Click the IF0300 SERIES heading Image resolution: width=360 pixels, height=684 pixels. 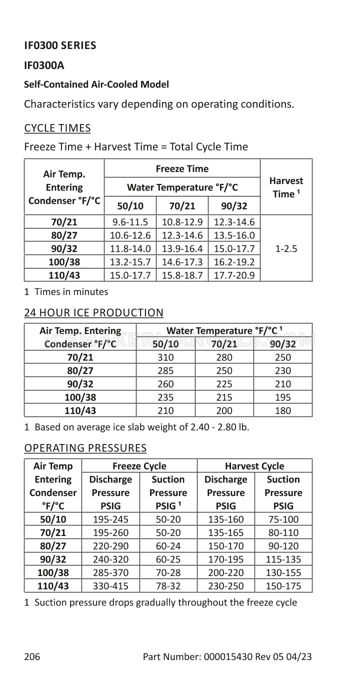click(x=60, y=45)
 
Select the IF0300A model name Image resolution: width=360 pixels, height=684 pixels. click(x=44, y=65)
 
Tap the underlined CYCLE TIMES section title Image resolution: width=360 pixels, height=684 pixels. click(x=57, y=128)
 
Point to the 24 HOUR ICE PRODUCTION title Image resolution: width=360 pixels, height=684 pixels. click(x=93, y=312)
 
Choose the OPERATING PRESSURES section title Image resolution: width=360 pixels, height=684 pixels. click(x=85, y=447)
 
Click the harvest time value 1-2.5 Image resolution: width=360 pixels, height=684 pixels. click(x=286, y=248)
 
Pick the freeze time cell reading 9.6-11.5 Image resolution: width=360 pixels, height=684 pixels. click(x=130, y=222)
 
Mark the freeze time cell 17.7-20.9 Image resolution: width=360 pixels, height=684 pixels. click(x=234, y=275)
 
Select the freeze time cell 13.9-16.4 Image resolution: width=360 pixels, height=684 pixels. click(x=182, y=248)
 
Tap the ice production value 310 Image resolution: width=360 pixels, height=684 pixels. click(x=165, y=357)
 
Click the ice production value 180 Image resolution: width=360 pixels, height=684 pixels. click(x=283, y=410)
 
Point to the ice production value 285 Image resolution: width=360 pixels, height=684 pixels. click(x=165, y=371)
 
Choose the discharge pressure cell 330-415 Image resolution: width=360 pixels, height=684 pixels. click(x=110, y=585)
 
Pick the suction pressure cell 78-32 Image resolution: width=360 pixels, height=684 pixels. click(x=168, y=585)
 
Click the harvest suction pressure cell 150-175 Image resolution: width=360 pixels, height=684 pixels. click(x=283, y=585)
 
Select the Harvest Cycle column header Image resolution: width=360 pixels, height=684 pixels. click(x=254, y=466)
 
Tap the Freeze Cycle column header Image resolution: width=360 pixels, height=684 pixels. click(x=139, y=466)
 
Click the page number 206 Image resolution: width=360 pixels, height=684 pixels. click(x=32, y=656)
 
